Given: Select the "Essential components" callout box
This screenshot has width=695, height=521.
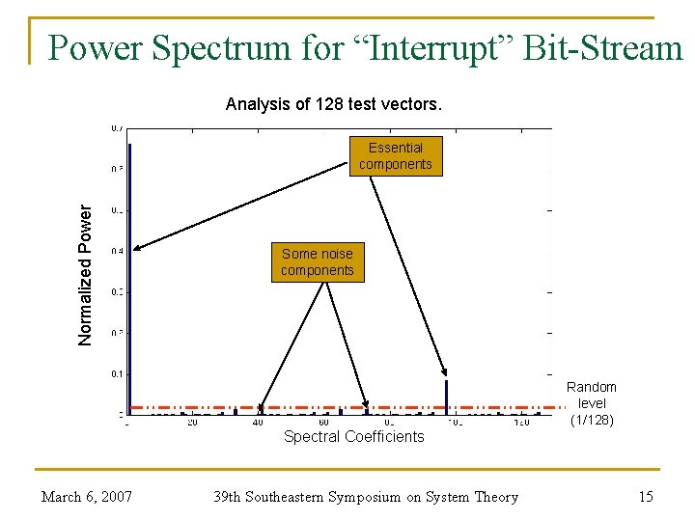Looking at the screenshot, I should pyautogui.click(x=396, y=156).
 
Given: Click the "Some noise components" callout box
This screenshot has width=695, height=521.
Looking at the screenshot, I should pyautogui.click(x=318, y=262).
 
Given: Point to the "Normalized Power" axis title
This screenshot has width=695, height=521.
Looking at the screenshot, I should pyautogui.click(x=86, y=275).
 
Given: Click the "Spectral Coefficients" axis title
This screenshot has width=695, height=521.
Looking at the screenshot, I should pyautogui.click(x=353, y=437).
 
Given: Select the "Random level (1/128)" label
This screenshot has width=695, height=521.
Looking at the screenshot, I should pyautogui.click(x=591, y=403).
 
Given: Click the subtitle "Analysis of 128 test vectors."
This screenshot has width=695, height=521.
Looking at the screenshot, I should pyautogui.click(x=334, y=104).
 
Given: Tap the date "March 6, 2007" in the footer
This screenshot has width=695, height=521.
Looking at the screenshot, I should pyautogui.click(x=86, y=497).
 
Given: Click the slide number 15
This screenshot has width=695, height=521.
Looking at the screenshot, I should pyautogui.click(x=646, y=497).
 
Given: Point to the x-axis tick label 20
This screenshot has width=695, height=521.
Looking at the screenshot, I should pyautogui.click(x=192, y=423).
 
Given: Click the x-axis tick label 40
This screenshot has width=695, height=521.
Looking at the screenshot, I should pyautogui.click(x=258, y=423).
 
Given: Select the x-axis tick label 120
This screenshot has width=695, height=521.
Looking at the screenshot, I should pyautogui.click(x=521, y=423).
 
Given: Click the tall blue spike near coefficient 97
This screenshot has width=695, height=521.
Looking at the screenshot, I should pyautogui.click(x=447, y=396).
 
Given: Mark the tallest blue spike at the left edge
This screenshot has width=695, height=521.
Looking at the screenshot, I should pyautogui.click(x=129, y=280).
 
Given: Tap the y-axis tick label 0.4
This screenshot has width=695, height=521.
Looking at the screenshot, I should pyautogui.click(x=116, y=251).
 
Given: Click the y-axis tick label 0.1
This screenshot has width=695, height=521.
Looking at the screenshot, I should pyautogui.click(x=116, y=373).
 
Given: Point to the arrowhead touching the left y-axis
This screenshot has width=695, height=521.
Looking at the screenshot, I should pyautogui.click(x=136, y=249).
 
